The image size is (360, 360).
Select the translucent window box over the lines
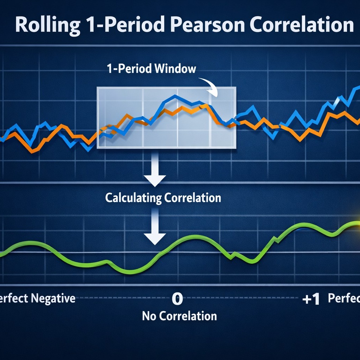click(166, 117)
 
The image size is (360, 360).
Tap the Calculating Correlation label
click(163, 198)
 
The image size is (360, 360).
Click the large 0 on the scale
click(177, 299)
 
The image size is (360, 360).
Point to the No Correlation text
click(179, 316)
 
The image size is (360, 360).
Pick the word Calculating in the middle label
click(133, 198)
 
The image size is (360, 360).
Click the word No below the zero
click(149, 316)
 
